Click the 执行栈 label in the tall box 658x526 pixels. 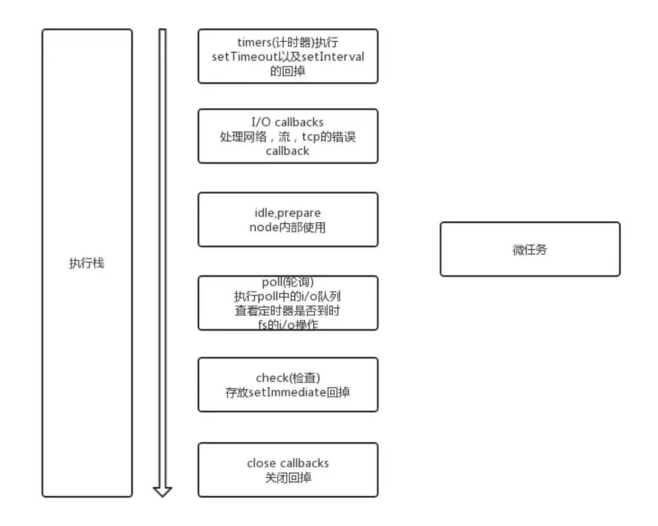[x=86, y=263]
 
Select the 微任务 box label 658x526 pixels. [x=530, y=249]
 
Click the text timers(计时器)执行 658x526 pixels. [x=288, y=42]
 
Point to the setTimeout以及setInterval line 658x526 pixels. [x=288, y=57]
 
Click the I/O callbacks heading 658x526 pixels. [x=288, y=123]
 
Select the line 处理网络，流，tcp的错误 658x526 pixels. [x=288, y=137]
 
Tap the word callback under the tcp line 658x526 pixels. [x=288, y=151]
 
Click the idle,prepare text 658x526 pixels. [x=288, y=213]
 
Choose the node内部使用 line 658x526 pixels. [x=288, y=227]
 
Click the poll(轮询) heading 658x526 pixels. [x=288, y=282]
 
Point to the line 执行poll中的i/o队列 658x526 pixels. [x=288, y=297]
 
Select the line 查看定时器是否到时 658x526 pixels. [x=288, y=311]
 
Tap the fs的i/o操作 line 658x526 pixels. [x=288, y=324]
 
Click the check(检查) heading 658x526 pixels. [x=288, y=378]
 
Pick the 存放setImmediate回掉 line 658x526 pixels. [x=288, y=392]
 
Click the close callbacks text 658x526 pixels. [x=288, y=463]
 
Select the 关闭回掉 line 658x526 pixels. [x=288, y=477]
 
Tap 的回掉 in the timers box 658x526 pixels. [x=288, y=71]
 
